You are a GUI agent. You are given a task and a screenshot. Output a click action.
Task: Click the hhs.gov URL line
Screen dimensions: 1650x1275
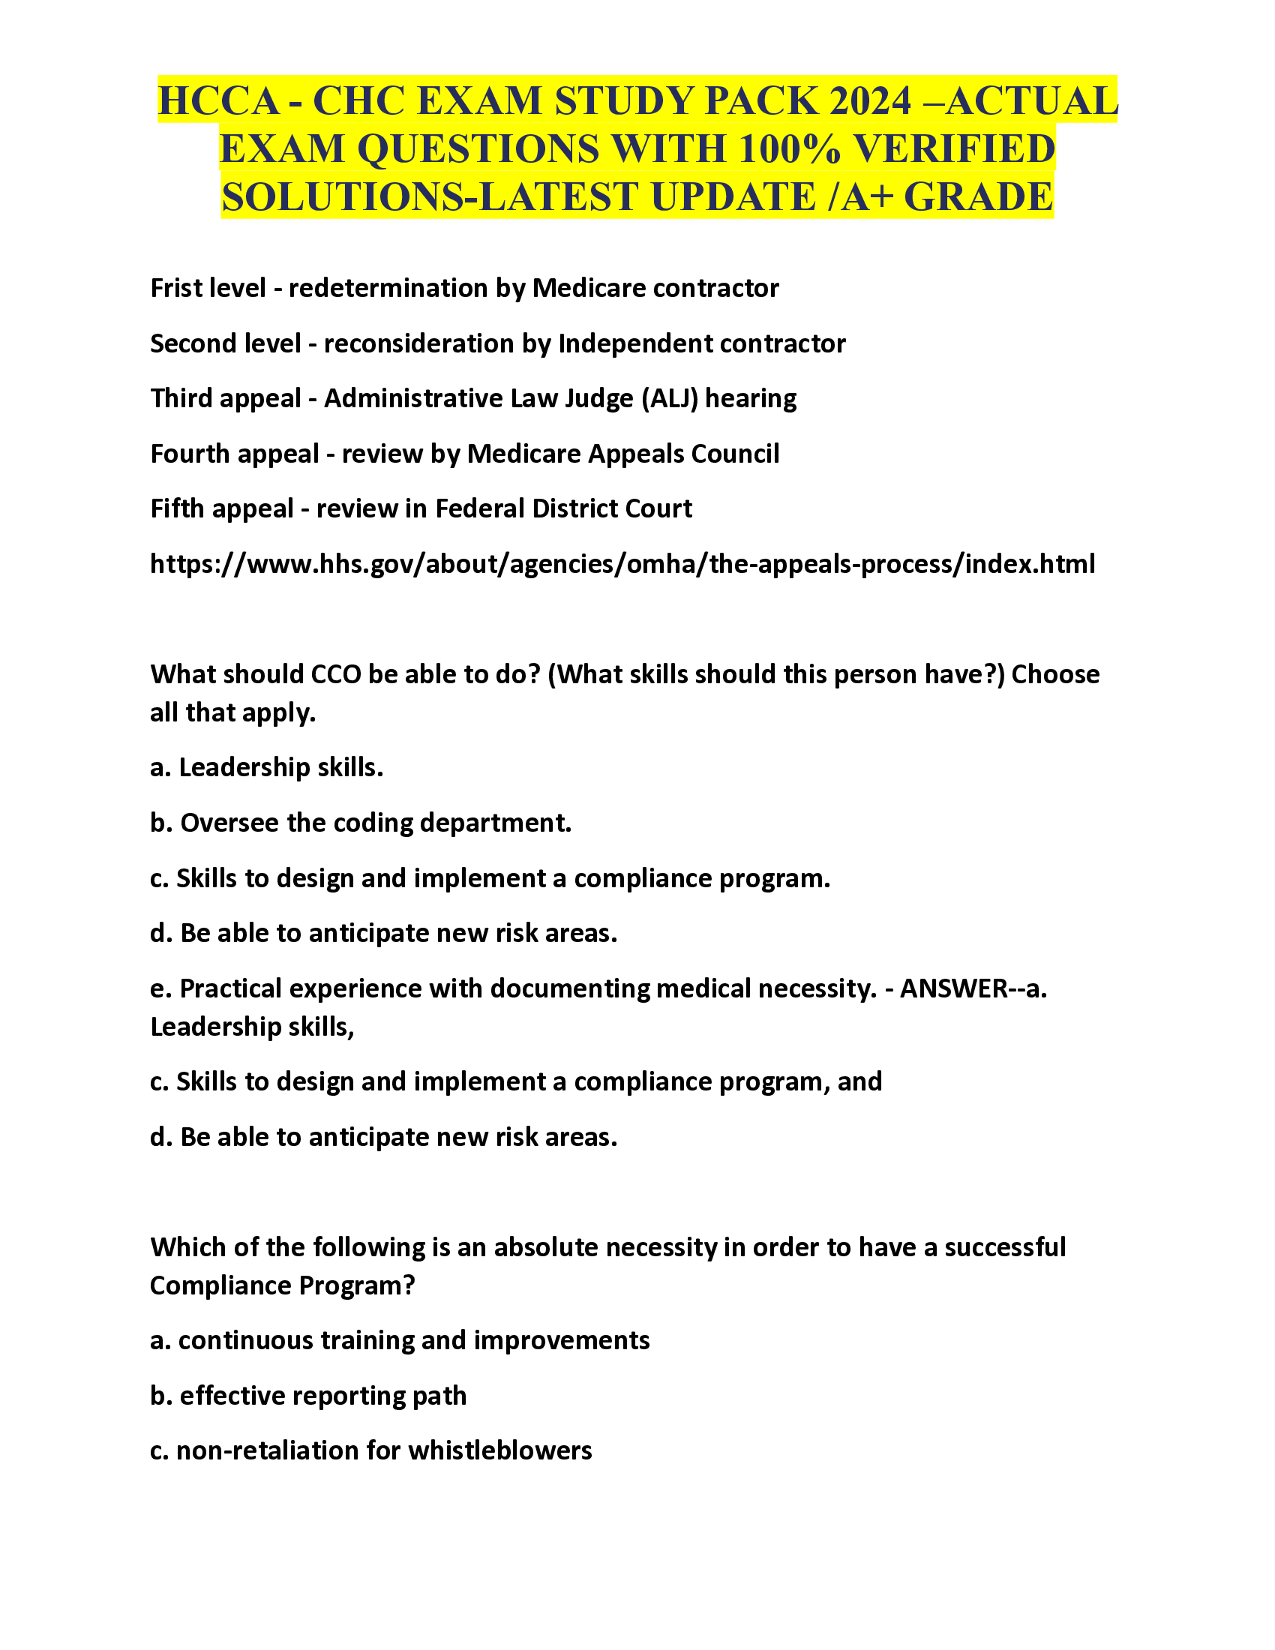point(622,563)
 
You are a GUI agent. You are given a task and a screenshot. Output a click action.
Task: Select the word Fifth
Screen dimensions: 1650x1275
point(175,508)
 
